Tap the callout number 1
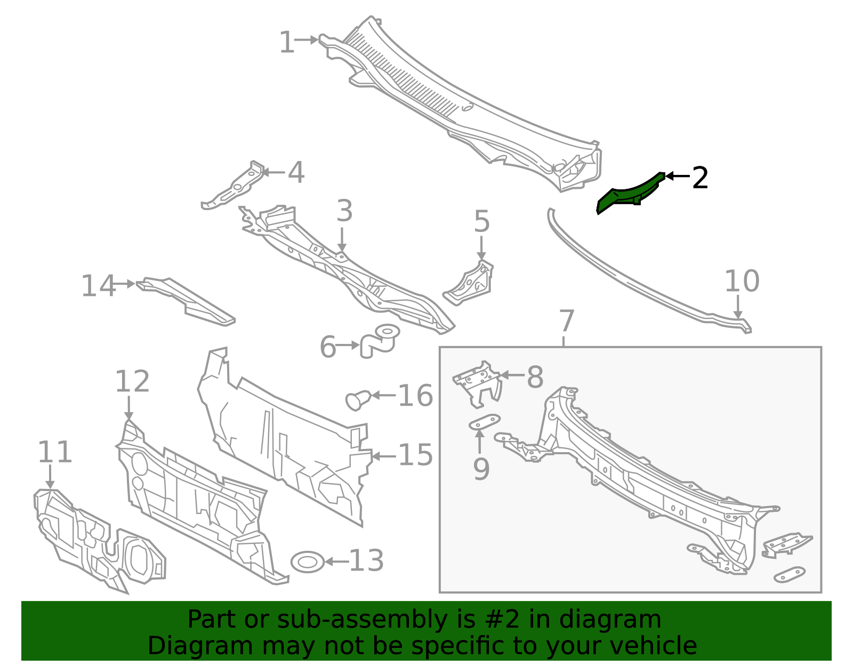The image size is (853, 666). pyautogui.click(x=287, y=42)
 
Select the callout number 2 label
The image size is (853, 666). pyautogui.click(x=701, y=178)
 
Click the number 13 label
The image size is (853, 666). pyautogui.click(x=366, y=560)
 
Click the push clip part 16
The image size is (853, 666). pyautogui.click(x=358, y=400)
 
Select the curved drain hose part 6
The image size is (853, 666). pyautogui.click(x=379, y=341)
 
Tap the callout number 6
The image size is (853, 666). pyautogui.click(x=328, y=347)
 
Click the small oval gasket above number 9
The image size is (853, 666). pyautogui.click(x=485, y=422)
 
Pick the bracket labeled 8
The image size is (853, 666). pyautogui.click(x=477, y=384)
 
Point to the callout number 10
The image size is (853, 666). pyautogui.click(x=742, y=281)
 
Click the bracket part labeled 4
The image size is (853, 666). pyautogui.click(x=233, y=185)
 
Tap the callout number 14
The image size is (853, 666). pyautogui.click(x=98, y=285)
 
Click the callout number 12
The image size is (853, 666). pyautogui.click(x=132, y=381)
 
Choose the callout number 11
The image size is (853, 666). pyautogui.click(x=55, y=452)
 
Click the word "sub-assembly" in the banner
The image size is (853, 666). pyautogui.click(x=361, y=619)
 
